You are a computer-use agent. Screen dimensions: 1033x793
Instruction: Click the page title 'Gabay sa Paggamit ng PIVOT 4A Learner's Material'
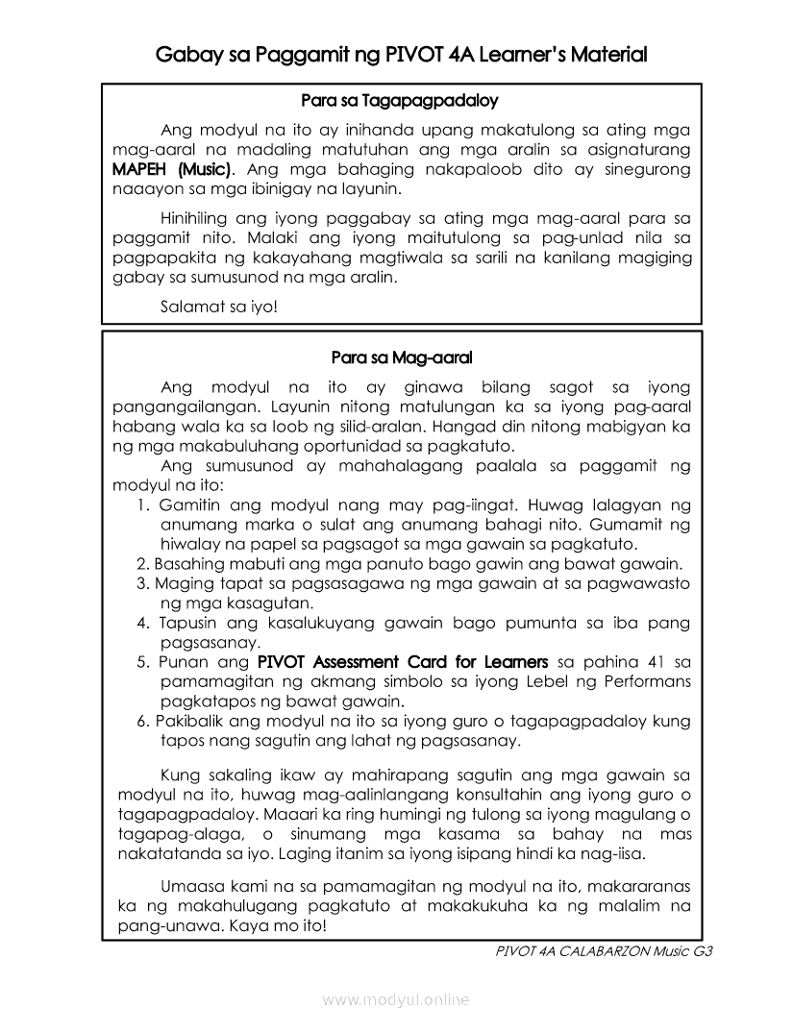click(401, 55)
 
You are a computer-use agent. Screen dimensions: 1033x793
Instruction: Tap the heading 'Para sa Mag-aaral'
click(402, 357)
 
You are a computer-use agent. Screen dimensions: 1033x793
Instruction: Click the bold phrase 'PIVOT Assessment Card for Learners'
click(403, 662)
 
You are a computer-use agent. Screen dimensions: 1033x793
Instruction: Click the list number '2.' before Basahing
click(143, 564)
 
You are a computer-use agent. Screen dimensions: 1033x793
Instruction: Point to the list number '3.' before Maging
click(143, 583)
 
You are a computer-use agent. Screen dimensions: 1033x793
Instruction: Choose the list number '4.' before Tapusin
click(142, 623)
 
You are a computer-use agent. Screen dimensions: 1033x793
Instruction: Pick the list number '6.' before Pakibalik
click(143, 721)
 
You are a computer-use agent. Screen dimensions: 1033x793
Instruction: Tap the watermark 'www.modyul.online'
click(396, 1000)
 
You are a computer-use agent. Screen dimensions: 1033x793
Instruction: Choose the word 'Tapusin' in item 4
click(188, 623)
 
